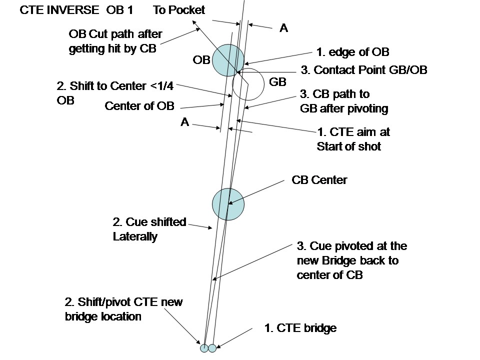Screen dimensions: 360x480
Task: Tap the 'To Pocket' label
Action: [x=178, y=10]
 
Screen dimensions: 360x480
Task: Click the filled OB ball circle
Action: [x=228, y=60]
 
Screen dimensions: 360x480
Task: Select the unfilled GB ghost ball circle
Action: [x=248, y=83]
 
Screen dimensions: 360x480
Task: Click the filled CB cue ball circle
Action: [x=228, y=204]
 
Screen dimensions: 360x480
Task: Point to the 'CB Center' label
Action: [x=319, y=180]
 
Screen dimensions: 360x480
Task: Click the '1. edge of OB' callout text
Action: [x=352, y=52]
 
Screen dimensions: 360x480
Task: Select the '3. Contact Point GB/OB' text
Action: [x=363, y=70]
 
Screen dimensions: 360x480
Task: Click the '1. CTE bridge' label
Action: [x=300, y=328]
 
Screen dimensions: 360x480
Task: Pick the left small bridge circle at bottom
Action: [x=204, y=347]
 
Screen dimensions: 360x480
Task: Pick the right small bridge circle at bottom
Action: [x=212, y=347]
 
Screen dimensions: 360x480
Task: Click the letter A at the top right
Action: [x=283, y=28]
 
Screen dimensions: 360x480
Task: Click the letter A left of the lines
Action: [x=184, y=122]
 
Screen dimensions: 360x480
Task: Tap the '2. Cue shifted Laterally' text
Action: [x=149, y=229]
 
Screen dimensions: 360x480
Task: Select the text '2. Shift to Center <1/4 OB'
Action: [x=115, y=92]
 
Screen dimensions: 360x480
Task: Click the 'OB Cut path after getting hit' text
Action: [x=115, y=42]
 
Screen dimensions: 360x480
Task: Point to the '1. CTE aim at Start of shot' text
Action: [x=353, y=139]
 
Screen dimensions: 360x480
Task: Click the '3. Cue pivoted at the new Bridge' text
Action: [x=351, y=260]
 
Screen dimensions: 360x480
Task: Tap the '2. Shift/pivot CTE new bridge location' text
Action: [x=123, y=309]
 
